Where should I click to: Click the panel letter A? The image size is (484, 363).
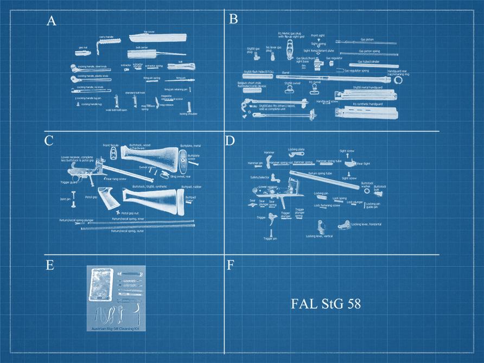click(52, 21)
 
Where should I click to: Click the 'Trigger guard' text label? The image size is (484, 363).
click(69, 183)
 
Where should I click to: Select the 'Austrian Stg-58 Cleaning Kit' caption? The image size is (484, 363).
click(117, 328)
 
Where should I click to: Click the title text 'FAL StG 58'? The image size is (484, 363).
click(326, 303)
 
